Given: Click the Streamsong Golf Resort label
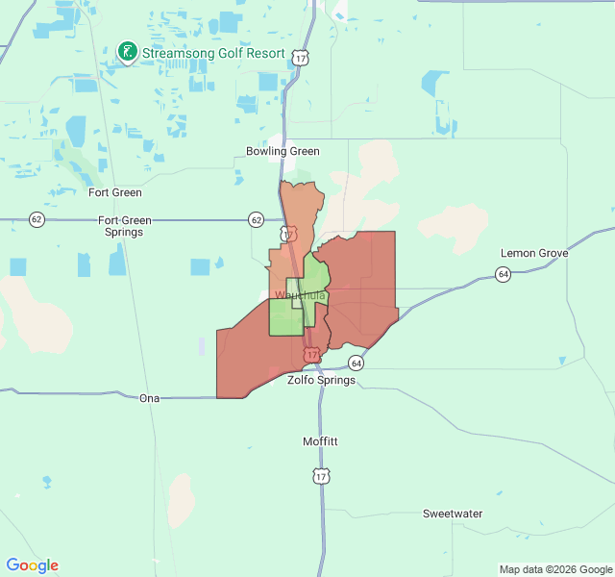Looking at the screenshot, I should [213, 53].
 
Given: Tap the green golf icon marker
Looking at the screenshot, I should [126, 51].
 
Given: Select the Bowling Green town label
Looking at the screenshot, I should [283, 151].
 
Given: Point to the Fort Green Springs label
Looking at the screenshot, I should [125, 226].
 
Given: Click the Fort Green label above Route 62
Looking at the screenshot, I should [115, 192].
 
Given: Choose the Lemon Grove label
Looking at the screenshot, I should [534, 253].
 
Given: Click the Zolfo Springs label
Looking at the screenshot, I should [321, 380].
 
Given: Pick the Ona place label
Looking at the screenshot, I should [149, 398].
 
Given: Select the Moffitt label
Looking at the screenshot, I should [320, 441].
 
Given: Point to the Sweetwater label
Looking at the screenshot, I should [453, 514].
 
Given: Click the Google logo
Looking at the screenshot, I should [33, 565].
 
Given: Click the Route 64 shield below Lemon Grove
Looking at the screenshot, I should [503, 274].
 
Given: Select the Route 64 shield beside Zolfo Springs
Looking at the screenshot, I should [357, 364].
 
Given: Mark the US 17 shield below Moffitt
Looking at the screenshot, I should [320, 475].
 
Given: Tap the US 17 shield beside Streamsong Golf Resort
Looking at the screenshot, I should [302, 59].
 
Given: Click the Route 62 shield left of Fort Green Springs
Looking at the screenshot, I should [37, 219].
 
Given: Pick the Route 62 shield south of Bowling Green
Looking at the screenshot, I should [256, 219].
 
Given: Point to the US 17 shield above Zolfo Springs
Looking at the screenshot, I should [311, 356].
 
